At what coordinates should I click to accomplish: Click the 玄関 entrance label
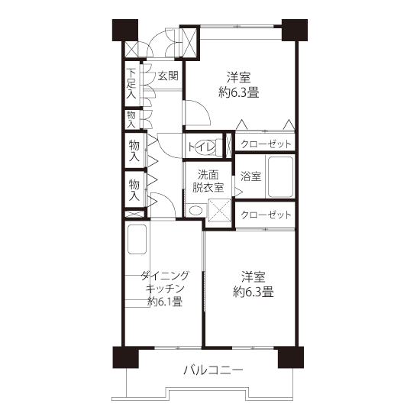(x=168, y=76)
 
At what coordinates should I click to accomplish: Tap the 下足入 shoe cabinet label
(x=131, y=83)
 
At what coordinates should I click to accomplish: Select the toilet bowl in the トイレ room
(x=206, y=147)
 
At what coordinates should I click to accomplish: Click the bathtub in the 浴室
(x=280, y=177)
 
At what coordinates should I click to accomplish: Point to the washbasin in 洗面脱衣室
(x=195, y=210)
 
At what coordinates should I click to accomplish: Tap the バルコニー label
(x=213, y=370)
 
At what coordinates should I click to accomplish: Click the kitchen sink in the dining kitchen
(x=137, y=239)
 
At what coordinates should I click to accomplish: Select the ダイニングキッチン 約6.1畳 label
(x=165, y=289)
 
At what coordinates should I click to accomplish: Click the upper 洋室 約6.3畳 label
(x=239, y=85)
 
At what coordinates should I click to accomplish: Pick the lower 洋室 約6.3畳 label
(x=253, y=284)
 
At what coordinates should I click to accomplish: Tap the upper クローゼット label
(x=266, y=144)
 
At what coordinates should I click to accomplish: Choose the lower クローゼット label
(x=266, y=215)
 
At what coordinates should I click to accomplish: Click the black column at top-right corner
(x=294, y=30)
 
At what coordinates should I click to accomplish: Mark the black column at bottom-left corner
(x=126, y=357)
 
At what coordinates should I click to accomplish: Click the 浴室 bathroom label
(x=250, y=176)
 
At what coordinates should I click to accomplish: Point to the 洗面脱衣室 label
(x=208, y=181)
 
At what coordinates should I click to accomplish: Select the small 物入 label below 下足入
(x=131, y=119)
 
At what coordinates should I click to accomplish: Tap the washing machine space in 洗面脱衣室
(x=219, y=210)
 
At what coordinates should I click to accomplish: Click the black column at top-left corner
(x=125, y=30)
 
